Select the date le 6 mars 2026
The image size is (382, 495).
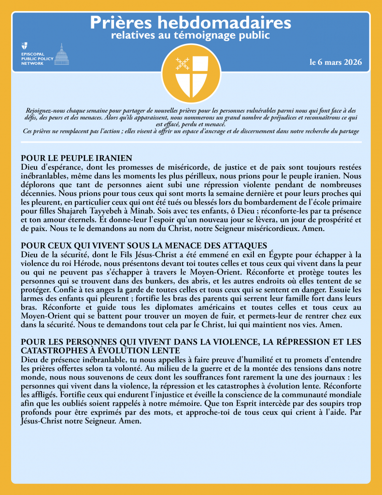(x=335, y=63)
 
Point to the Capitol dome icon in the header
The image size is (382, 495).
(x=61, y=54)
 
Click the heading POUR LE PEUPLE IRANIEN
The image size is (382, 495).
(x=76, y=158)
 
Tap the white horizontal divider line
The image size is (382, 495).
(x=191, y=142)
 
